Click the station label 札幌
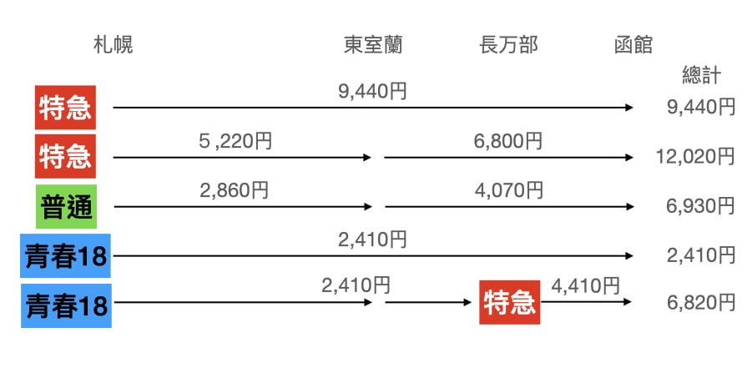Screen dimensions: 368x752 [114, 45]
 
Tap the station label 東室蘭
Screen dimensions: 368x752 [372, 45]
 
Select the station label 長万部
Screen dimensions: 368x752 [508, 45]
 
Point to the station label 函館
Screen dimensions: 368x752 [633, 45]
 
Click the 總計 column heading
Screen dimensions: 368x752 [701, 76]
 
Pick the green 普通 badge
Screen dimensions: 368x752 [66, 206]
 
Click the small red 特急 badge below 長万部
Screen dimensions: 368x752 [509, 302]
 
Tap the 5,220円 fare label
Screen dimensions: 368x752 [235, 141]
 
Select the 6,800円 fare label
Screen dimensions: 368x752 [508, 141]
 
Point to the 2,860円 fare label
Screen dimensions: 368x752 [235, 190]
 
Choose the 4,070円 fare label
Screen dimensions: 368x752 [508, 190]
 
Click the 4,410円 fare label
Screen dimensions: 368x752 [585, 287]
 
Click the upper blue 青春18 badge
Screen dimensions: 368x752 [66, 255]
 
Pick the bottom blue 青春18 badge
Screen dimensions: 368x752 [66, 305]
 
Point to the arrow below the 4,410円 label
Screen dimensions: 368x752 [587, 303]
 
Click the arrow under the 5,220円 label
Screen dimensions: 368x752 [242, 157]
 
